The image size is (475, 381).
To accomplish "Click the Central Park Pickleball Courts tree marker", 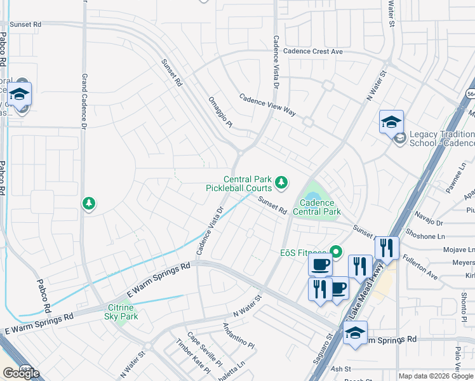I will tap(281, 184).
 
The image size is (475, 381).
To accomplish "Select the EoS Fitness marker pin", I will tap(337, 252).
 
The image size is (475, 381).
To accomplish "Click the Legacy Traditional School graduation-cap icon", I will tap(391, 122).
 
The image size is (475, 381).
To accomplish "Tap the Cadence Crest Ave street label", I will tap(313, 51).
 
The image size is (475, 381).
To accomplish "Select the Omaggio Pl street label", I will tap(220, 112).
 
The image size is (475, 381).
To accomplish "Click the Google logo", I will tap(21, 373).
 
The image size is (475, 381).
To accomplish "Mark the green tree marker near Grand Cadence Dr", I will tap(90, 203).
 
